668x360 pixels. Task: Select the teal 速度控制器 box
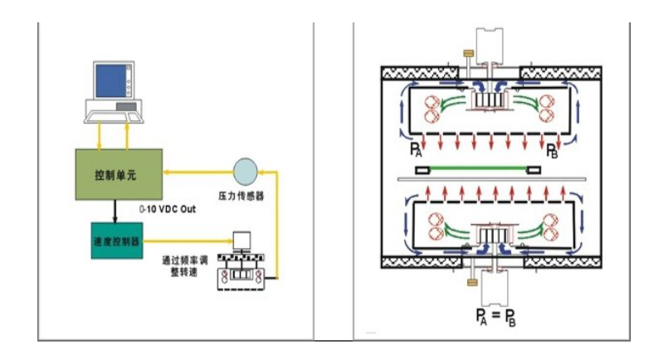pos(117,240)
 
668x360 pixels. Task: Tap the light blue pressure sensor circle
pos(246,172)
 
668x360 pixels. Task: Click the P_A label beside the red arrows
pos(416,150)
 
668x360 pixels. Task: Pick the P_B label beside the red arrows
pos(553,150)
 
